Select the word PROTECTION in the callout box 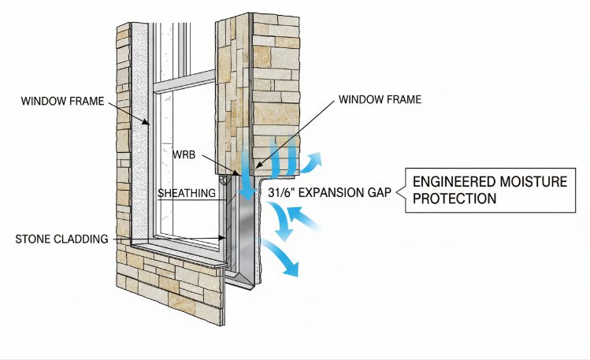pyautogui.click(x=455, y=199)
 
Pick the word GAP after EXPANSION pyautogui.click(x=380, y=192)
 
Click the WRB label pyautogui.click(x=184, y=154)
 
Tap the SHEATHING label pyautogui.click(x=187, y=193)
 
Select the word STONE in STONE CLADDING pyautogui.click(x=32, y=239)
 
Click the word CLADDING pyautogui.click(x=81, y=239)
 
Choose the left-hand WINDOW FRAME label pyautogui.click(x=62, y=101)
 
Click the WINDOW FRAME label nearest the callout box pyautogui.click(x=380, y=99)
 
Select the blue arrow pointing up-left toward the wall pyautogui.click(x=303, y=217)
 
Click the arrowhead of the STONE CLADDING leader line pyautogui.click(x=222, y=238)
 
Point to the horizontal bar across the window pyautogui.click(x=184, y=82)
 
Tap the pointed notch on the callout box pyautogui.click(x=399, y=192)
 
